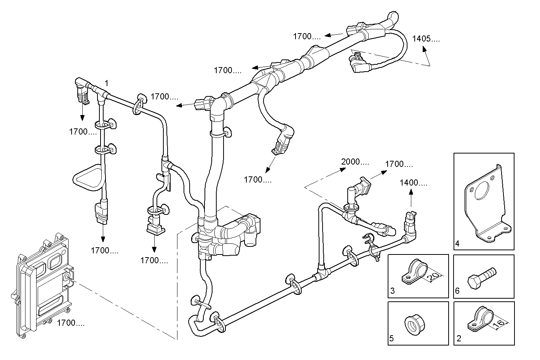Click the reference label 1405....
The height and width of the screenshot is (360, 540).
(426, 38)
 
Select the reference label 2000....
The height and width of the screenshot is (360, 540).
(355, 162)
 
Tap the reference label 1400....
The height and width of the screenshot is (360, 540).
(413, 183)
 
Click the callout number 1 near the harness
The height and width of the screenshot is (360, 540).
(107, 83)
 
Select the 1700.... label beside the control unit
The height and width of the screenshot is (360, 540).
(71, 323)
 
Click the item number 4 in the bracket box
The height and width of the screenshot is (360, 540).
(457, 243)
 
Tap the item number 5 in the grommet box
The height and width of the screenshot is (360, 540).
(392, 338)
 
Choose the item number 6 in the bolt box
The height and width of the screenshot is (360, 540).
(457, 291)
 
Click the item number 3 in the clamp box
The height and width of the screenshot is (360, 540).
(392, 291)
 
